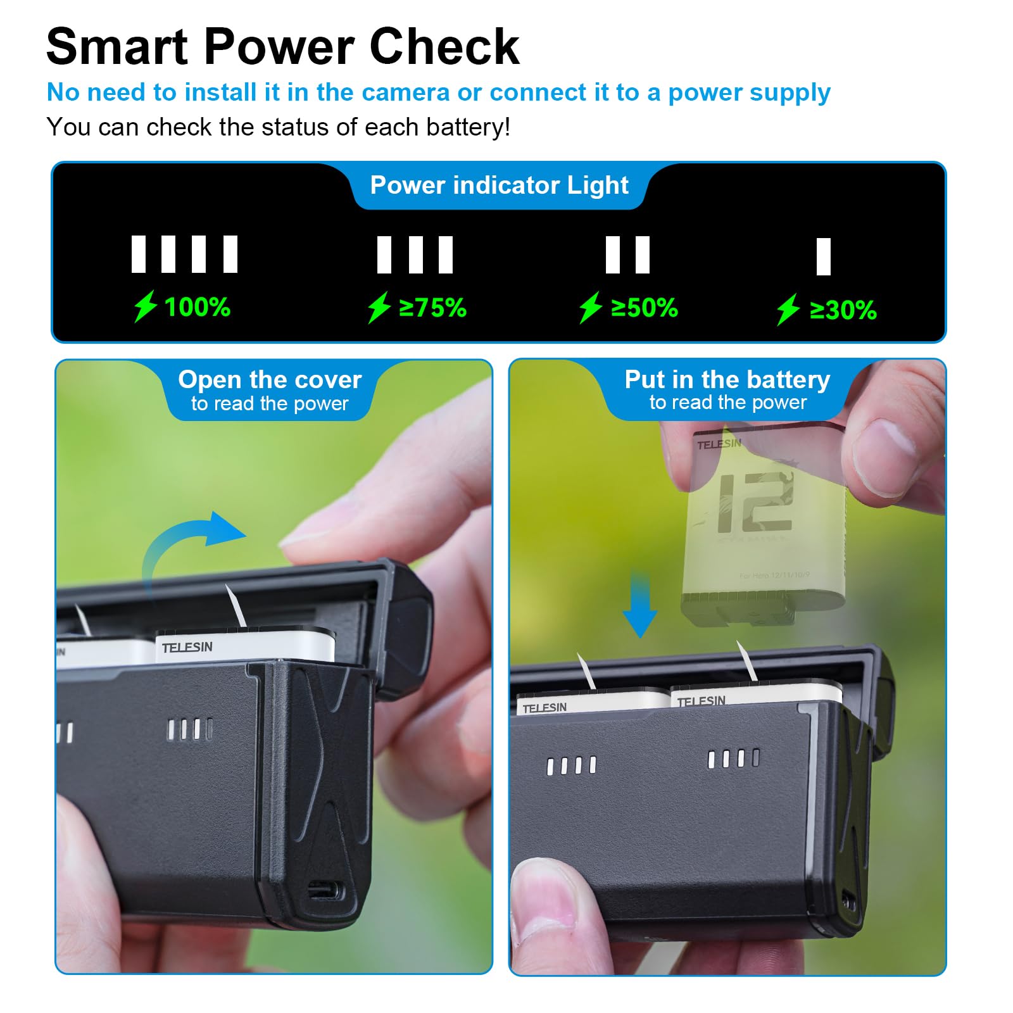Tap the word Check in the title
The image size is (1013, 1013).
point(444,47)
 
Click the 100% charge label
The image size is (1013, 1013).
point(197,308)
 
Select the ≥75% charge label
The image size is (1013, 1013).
point(432,308)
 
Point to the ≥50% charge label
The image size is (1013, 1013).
point(644,308)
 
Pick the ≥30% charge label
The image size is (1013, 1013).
point(843,310)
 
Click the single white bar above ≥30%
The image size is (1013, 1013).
point(823,256)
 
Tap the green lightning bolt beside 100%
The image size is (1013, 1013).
point(145,306)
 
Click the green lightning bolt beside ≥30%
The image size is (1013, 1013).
point(788,310)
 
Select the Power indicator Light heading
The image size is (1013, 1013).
point(499,186)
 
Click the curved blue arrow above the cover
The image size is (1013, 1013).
point(190,544)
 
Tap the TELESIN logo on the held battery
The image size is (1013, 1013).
point(718,444)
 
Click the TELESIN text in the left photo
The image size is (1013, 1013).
point(187,647)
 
